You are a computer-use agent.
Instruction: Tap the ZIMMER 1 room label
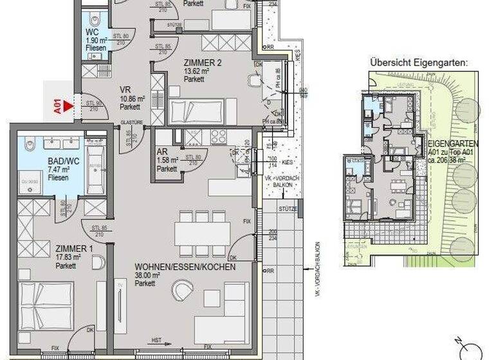39,249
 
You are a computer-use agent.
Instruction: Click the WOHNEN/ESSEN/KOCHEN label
176,266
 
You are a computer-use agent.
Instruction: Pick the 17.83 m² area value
36,256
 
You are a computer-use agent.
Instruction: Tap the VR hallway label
125,91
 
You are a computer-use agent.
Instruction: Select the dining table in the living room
201,233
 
